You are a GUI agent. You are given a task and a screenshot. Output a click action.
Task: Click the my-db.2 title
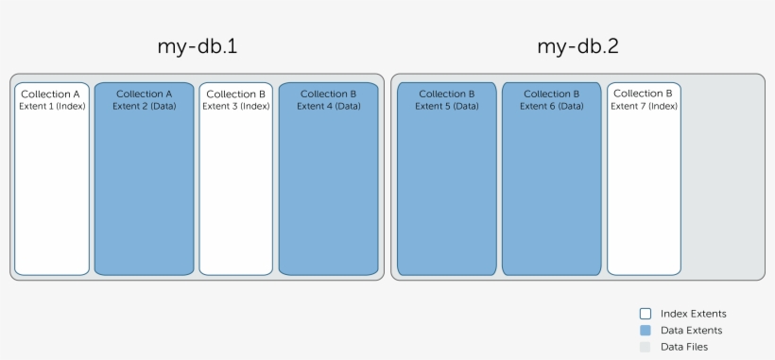coord(577,46)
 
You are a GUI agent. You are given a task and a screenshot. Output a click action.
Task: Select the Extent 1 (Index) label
coord(52,106)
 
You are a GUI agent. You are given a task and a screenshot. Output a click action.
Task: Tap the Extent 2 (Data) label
coord(144,106)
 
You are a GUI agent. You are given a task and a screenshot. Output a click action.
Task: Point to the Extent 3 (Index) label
coord(236,106)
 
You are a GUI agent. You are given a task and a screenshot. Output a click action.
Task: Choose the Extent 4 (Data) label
coord(328,106)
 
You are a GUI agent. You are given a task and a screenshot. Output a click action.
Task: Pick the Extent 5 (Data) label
coord(447,106)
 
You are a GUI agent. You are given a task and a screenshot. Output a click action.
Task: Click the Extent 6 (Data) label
coord(551,106)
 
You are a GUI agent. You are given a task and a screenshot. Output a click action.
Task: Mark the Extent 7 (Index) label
coord(644,106)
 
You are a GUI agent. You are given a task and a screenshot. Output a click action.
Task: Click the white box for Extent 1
coord(52,189)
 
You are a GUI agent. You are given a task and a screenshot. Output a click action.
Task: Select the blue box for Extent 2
coord(144,189)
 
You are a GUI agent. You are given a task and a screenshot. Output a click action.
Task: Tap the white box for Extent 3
coord(236,189)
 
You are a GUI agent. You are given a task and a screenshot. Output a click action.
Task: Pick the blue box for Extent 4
coord(328,189)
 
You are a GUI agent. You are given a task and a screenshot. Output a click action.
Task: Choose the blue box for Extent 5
coord(447,189)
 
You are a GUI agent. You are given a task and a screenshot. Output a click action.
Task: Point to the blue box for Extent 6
coord(551,189)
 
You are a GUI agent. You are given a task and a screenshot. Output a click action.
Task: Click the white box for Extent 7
coord(644,189)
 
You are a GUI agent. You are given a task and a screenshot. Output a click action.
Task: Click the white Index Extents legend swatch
coord(646,314)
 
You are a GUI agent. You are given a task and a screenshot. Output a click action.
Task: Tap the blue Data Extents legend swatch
coord(646,331)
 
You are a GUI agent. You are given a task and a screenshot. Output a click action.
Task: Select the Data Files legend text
coord(684,348)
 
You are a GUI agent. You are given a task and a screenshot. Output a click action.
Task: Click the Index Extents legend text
coord(693,314)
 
